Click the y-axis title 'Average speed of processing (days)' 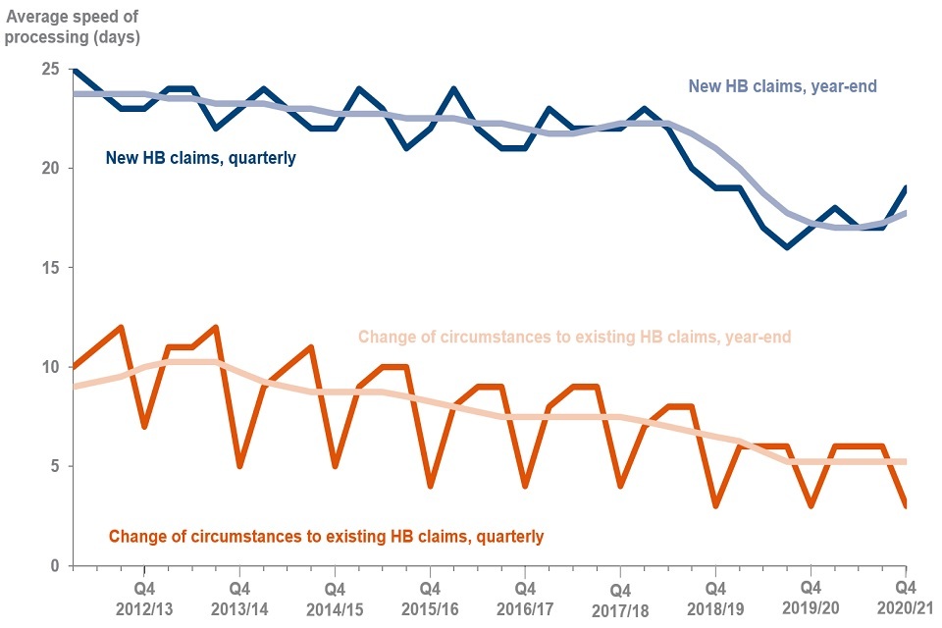click(x=74, y=26)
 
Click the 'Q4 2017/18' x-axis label click(x=619, y=598)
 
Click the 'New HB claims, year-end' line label click(x=782, y=86)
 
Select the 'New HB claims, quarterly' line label click(x=200, y=157)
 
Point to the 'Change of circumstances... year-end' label click(x=574, y=337)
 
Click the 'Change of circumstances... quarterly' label click(x=326, y=536)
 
